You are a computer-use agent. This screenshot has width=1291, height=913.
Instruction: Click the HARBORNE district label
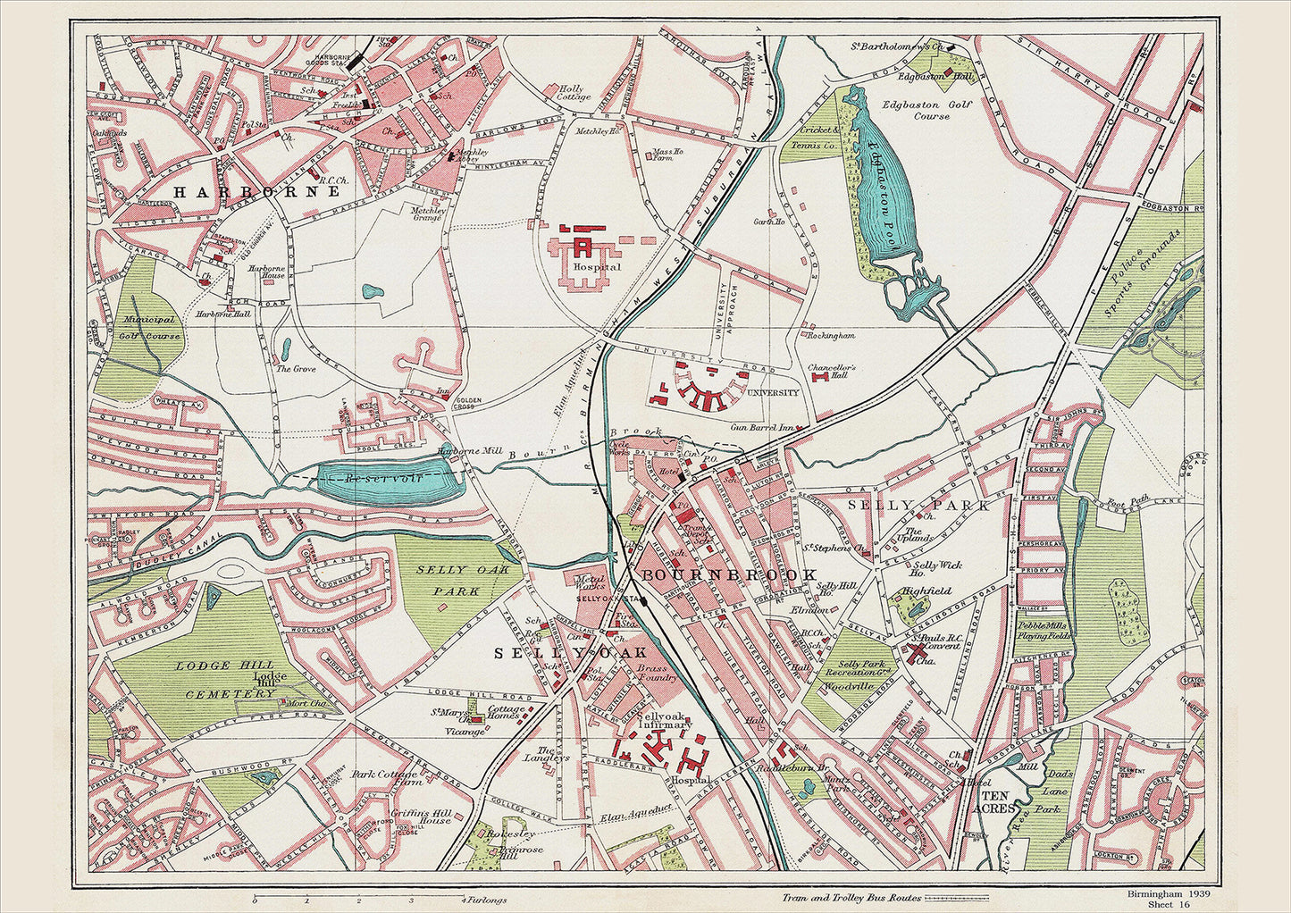point(256,192)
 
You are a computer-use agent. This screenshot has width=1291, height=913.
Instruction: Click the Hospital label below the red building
point(598,267)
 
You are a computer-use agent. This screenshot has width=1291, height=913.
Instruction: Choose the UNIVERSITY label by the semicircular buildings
point(773,392)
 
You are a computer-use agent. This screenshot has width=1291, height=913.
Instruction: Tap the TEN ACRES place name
point(998,801)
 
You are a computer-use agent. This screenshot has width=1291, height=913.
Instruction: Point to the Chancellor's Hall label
point(831,373)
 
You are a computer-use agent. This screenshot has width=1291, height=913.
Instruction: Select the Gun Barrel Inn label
point(762,428)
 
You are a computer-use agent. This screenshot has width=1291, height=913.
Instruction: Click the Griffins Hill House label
point(421,817)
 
